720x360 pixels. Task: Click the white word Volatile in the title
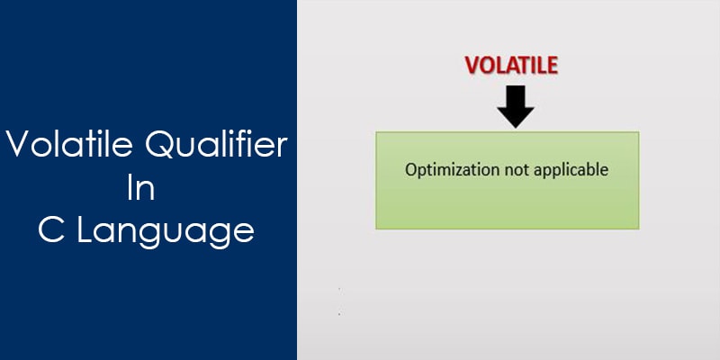click(x=69, y=144)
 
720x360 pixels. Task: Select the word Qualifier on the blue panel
click(x=216, y=145)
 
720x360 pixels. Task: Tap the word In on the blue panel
click(x=141, y=188)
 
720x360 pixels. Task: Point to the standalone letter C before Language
click(x=51, y=230)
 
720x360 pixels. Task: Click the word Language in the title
click(x=166, y=233)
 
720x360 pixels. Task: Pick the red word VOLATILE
click(x=511, y=65)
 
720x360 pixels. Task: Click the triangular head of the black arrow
click(x=516, y=117)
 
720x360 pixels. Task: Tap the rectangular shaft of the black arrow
click(x=516, y=96)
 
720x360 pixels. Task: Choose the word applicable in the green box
click(x=571, y=170)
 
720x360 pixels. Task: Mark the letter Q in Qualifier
click(x=160, y=145)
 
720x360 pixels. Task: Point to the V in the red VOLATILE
click(x=472, y=66)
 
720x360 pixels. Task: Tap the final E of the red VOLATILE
click(x=553, y=66)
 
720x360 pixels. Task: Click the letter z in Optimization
click(x=460, y=172)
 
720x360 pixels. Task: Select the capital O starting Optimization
click(x=411, y=170)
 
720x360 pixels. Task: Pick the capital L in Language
click(x=84, y=230)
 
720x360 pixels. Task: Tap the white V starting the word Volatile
click(x=19, y=145)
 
